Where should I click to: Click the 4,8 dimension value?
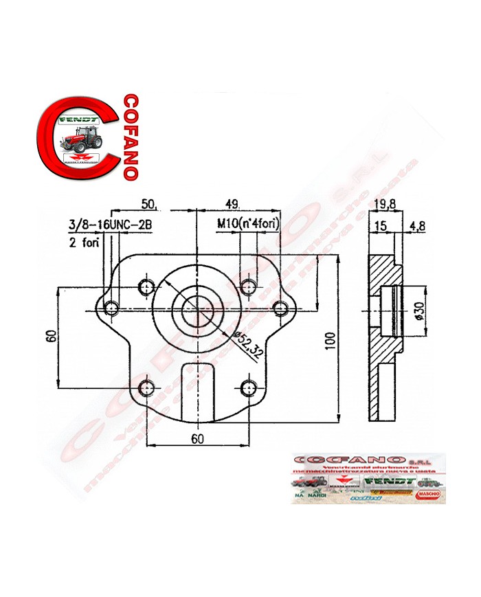pyautogui.click(x=416, y=225)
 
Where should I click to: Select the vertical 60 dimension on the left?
pyautogui.click(x=50, y=336)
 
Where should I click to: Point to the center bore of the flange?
pyautogui.click(x=198, y=308)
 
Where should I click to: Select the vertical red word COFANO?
pyautogui.click(x=128, y=136)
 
